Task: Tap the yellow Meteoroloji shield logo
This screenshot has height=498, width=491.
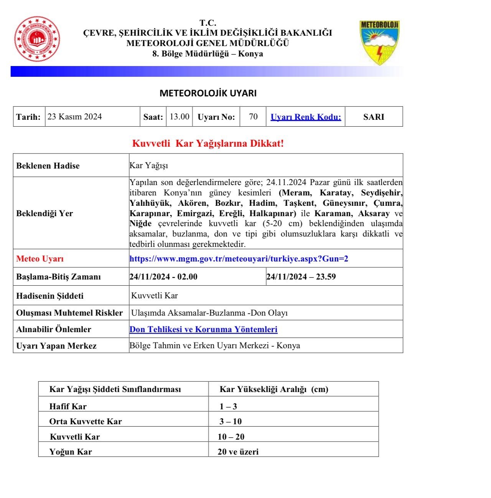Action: [380, 42]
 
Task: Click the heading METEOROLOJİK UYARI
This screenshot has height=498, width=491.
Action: [208, 93]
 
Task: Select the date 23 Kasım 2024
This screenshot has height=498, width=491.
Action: [75, 117]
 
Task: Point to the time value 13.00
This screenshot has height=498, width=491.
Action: [180, 117]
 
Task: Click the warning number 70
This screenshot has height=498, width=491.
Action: [253, 117]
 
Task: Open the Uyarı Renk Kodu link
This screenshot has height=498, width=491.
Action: [306, 117]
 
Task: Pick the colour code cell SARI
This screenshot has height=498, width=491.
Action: [374, 117]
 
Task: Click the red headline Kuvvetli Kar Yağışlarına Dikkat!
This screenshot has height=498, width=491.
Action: [208, 144]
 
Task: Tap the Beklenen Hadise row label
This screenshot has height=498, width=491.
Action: [48, 166]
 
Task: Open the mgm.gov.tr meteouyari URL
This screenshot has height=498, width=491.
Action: [239, 258]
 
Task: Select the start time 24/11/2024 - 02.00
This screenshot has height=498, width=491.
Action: [163, 277]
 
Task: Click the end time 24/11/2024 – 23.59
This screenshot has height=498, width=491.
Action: [301, 277]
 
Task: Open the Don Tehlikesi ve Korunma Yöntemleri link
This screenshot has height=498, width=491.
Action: [203, 329]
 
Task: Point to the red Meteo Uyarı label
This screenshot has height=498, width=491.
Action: [40, 259]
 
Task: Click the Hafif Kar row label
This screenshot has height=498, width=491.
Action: [68, 406]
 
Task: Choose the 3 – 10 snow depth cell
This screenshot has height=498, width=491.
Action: [231, 422]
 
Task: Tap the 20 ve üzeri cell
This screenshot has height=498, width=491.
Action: [238, 452]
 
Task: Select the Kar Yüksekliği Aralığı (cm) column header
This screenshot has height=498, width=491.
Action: [274, 389]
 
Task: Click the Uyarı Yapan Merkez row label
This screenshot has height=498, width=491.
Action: [56, 346]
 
